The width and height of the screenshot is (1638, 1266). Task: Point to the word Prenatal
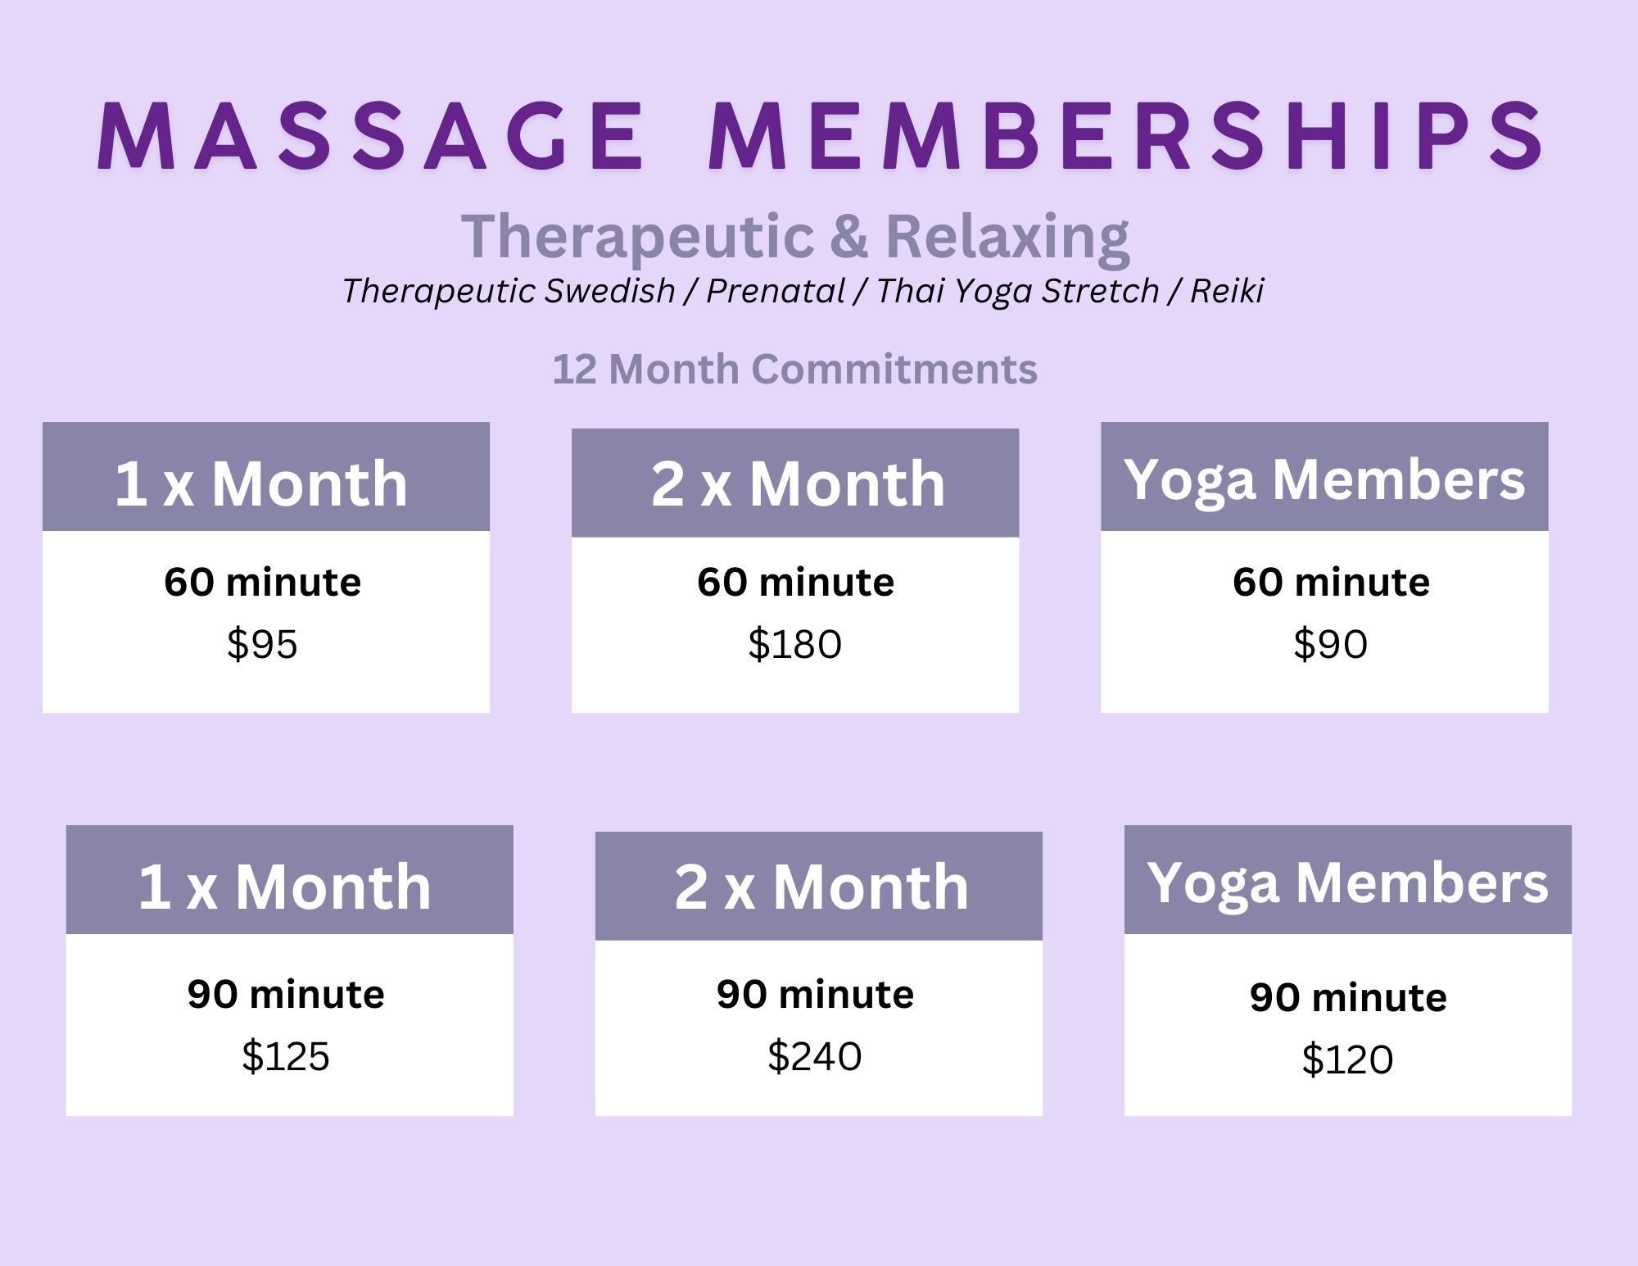tap(775, 291)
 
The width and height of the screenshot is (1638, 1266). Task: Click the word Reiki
tap(1227, 291)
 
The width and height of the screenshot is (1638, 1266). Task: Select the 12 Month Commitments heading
tap(794, 369)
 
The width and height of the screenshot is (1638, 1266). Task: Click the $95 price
tap(262, 644)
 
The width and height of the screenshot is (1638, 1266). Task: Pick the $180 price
tap(794, 644)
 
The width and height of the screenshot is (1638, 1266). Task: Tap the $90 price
tap(1330, 644)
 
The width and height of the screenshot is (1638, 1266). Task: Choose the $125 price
tap(286, 1056)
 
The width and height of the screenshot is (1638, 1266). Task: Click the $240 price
tap(815, 1056)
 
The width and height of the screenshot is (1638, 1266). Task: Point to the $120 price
tap(1347, 1060)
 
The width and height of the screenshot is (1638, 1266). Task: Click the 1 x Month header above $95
tap(261, 483)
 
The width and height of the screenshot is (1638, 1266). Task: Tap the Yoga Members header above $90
tap(1324, 480)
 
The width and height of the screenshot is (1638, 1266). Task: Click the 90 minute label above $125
tap(286, 994)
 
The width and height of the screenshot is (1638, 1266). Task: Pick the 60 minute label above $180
tap(795, 583)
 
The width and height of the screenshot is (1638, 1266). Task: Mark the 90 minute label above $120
tap(1348, 997)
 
